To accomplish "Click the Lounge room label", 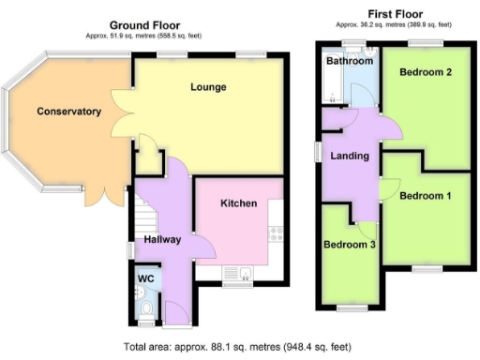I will click(x=207, y=87).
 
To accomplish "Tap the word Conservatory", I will click(x=68, y=112).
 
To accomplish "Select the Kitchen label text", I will click(x=238, y=203).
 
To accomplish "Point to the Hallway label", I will click(x=161, y=240).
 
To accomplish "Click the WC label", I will click(x=146, y=278).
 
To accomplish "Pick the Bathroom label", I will click(x=349, y=61).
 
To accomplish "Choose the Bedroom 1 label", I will click(x=426, y=196).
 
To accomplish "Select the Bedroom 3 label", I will click(x=350, y=245).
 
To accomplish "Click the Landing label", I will click(x=350, y=156).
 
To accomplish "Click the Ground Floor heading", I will click(x=145, y=25).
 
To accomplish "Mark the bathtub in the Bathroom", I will click(x=334, y=83).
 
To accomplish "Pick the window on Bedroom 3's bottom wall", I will click(x=351, y=307).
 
